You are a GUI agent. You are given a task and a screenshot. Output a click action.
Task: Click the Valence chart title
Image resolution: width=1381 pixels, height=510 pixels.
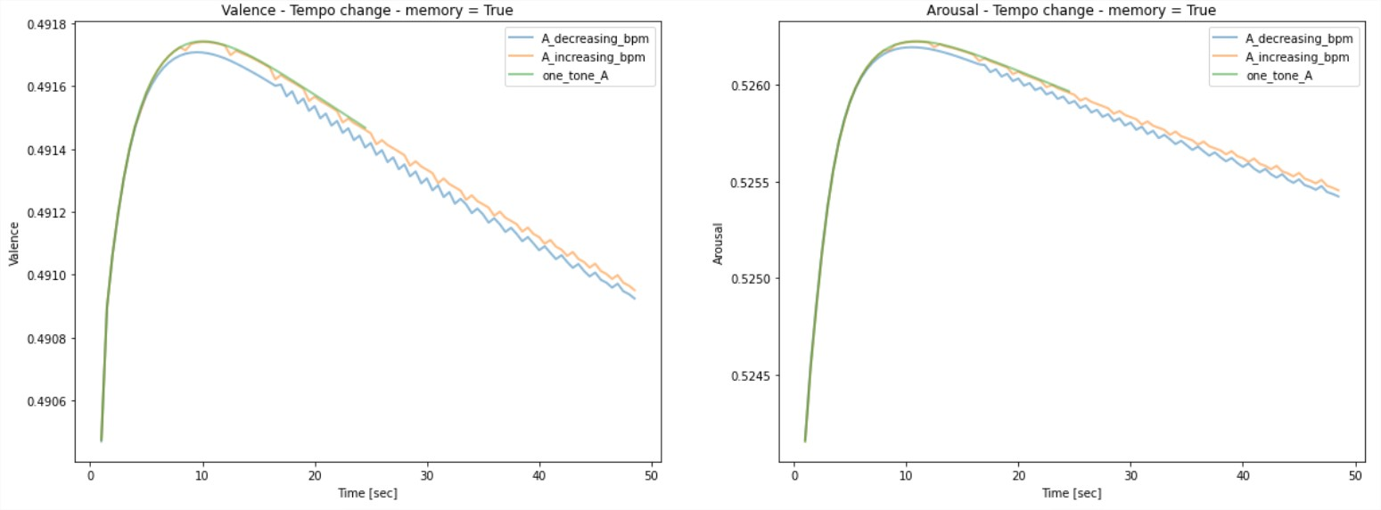(x=366, y=10)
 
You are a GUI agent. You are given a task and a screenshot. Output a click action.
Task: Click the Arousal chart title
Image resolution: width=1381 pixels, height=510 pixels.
(x=1071, y=10)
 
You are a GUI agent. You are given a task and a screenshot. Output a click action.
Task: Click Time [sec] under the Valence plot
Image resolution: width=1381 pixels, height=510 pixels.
(x=366, y=493)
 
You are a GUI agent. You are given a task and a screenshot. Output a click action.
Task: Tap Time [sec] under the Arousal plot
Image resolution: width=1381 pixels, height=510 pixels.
(x=1071, y=493)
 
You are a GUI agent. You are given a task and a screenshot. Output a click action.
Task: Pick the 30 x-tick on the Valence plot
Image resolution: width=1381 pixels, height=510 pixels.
(x=427, y=475)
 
